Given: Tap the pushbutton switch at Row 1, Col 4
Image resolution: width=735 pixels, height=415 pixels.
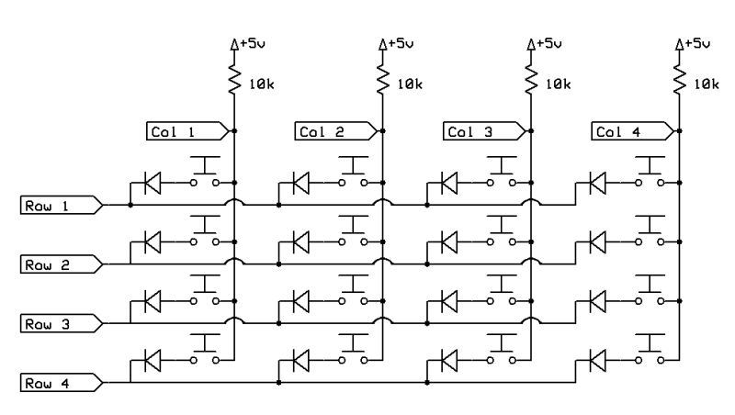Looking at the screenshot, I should [651, 174].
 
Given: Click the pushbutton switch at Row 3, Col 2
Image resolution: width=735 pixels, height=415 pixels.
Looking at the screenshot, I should [353, 291].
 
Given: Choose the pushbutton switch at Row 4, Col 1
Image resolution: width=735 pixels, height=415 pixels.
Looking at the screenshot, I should [204, 350].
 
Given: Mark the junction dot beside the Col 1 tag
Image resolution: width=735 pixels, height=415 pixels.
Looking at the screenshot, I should [235, 131].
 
